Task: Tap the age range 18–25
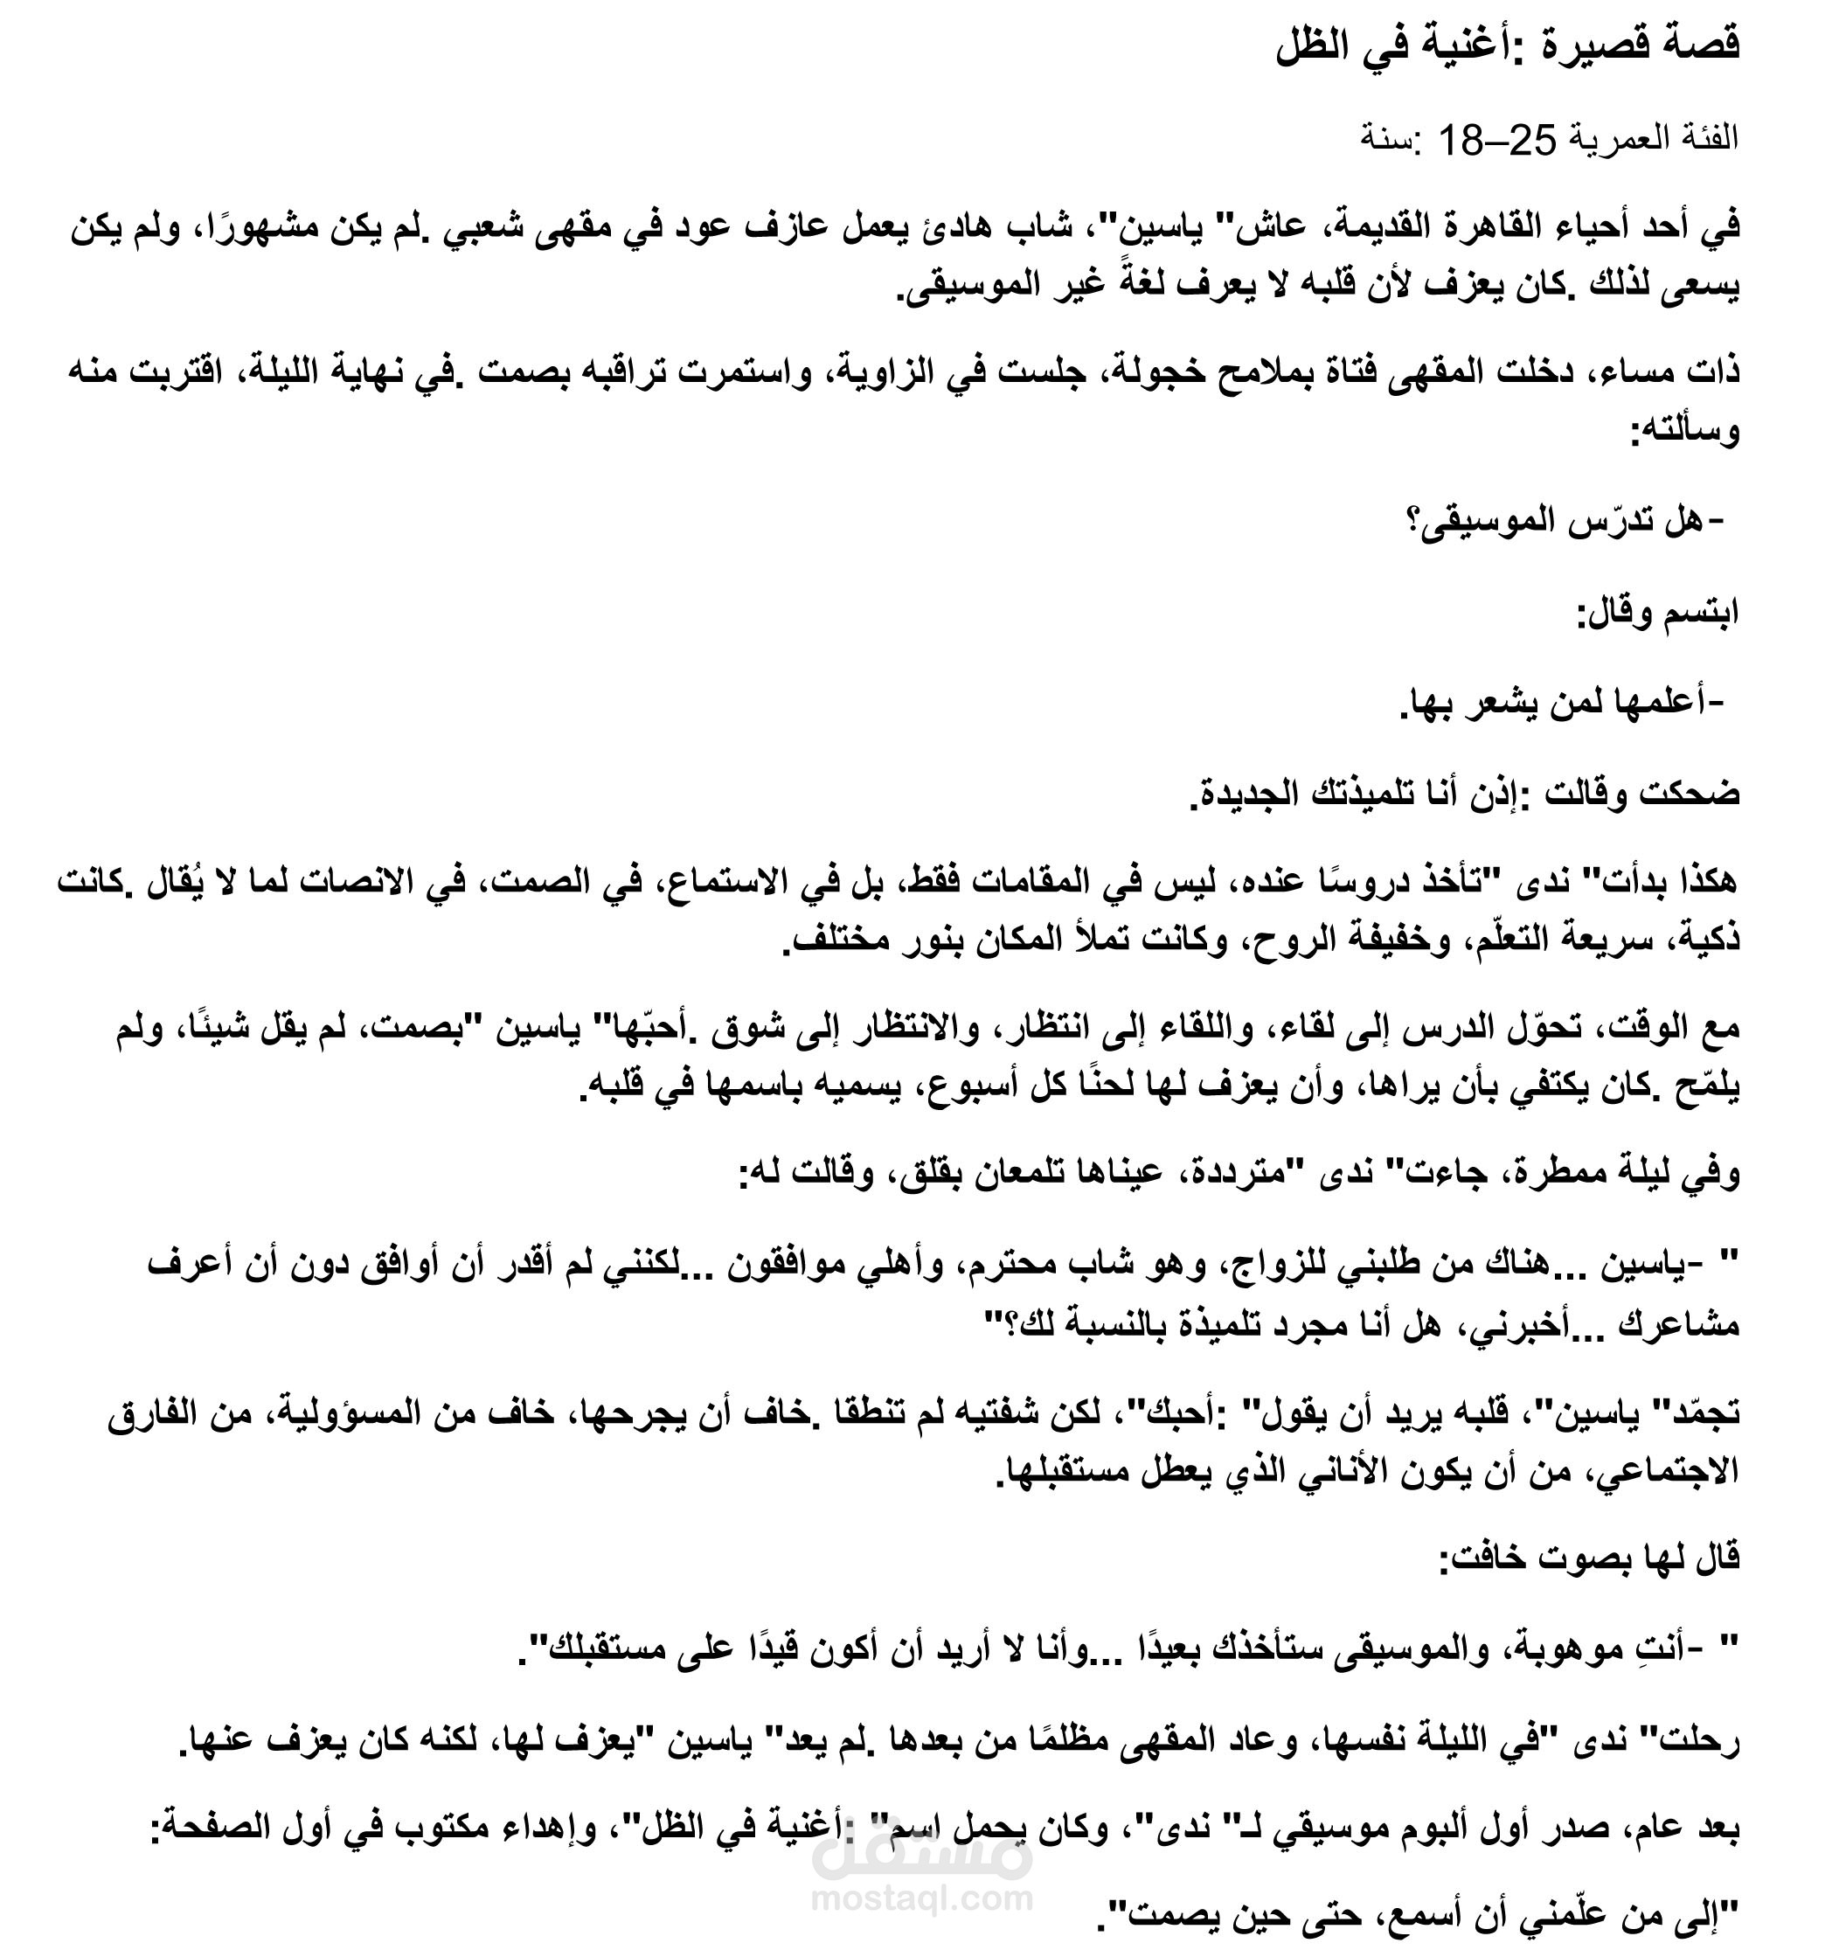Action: (x=1497, y=140)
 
